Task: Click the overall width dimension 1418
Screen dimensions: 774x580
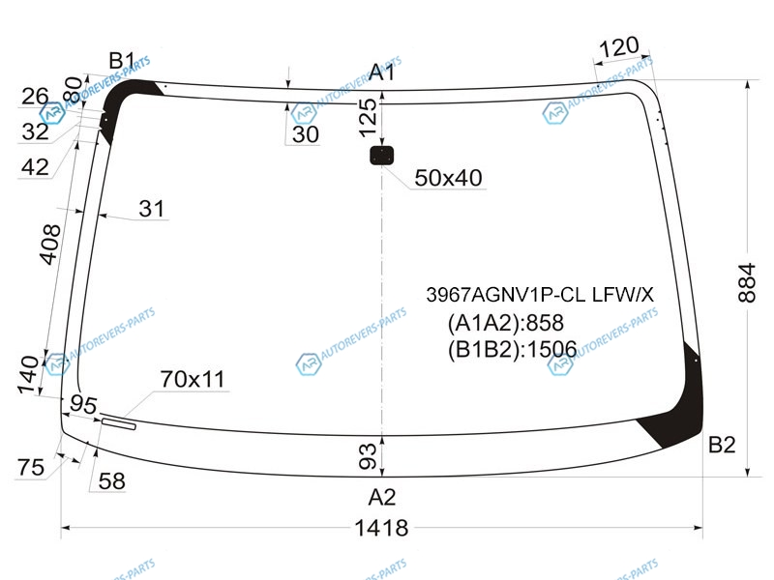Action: pyautogui.click(x=381, y=528)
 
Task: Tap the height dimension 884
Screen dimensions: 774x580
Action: pyautogui.click(x=747, y=282)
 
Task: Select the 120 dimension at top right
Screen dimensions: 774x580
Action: pyautogui.click(x=618, y=46)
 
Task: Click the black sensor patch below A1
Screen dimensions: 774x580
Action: pyautogui.click(x=381, y=156)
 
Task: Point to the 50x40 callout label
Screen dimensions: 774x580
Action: pyautogui.click(x=448, y=178)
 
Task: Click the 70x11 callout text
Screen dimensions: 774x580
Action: pyautogui.click(x=193, y=379)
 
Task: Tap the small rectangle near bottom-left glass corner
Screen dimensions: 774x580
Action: pyautogui.click(x=118, y=423)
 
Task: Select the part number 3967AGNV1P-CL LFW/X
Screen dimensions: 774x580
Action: pyautogui.click(x=540, y=295)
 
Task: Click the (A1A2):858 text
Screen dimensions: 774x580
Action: pyautogui.click(x=505, y=323)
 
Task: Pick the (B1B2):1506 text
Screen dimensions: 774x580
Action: pyautogui.click(x=513, y=350)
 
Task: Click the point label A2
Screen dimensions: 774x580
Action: pyautogui.click(x=381, y=497)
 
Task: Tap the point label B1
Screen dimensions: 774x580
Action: pyautogui.click(x=122, y=61)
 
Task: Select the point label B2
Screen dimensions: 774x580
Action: pyautogui.click(x=722, y=445)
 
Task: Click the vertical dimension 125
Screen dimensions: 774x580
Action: pyautogui.click(x=368, y=118)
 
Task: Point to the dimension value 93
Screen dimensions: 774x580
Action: pyautogui.click(x=368, y=456)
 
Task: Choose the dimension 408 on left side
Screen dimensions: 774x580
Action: pyautogui.click(x=49, y=245)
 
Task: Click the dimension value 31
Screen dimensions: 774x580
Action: pyautogui.click(x=152, y=209)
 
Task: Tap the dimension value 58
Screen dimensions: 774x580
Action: pyautogui.click(x=111, y=481)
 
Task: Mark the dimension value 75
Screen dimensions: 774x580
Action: pyautogui.click(x=31, y=467)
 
